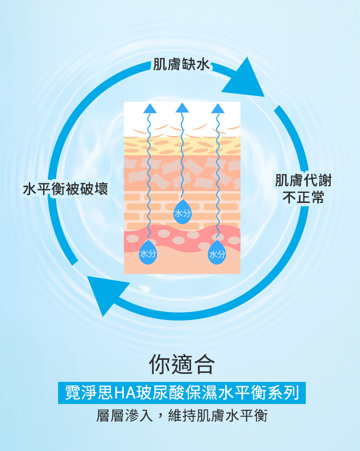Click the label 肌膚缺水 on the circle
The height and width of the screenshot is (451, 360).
click(181, 64)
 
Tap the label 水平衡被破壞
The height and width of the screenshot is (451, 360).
click(65, 189)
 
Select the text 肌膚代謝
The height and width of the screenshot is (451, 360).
click(303, 180)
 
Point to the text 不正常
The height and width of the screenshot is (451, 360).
click(303, 197)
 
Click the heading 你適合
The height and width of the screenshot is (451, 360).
click(181, 364)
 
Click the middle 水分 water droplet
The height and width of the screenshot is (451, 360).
click(182, 212)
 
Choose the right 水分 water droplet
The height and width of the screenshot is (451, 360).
click(217, 253)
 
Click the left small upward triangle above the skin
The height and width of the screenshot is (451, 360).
click(150, 109)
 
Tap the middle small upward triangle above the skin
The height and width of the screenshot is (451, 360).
click(182, 108)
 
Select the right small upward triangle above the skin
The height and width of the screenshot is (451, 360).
click(218, 109)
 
